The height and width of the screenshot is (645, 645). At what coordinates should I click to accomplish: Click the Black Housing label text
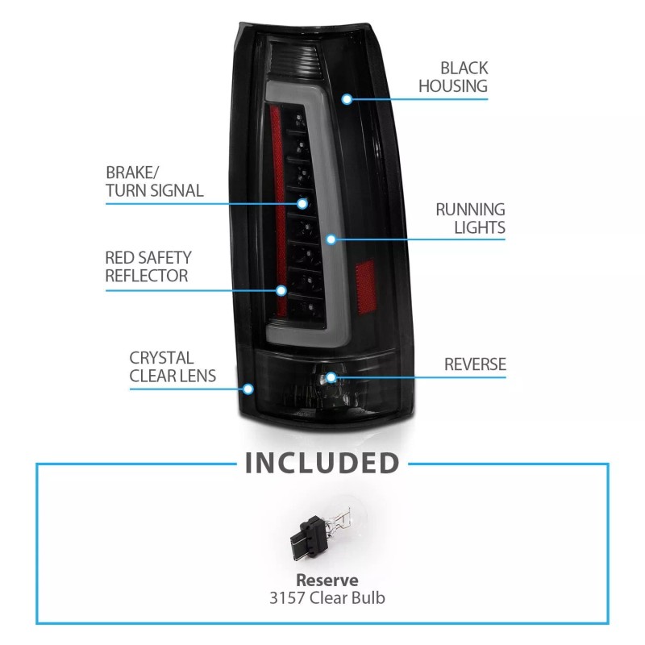(453, 77)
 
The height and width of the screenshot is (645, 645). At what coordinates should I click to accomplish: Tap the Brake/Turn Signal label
(154, 181)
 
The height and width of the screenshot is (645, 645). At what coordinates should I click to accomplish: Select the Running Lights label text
(470, 218)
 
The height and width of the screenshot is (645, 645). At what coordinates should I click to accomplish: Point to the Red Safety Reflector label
(148, 266)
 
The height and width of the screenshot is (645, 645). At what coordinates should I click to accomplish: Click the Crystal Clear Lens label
(173, 367)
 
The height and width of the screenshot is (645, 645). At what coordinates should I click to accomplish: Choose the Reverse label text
(475, 364)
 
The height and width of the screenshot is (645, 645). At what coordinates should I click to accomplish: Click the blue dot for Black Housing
(347, 99)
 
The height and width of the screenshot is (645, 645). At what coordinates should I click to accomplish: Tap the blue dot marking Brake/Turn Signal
(302, 204)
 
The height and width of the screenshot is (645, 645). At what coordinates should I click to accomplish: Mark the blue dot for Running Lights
(331, 239)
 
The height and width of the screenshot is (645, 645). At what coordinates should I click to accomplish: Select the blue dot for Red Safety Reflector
(281, 291)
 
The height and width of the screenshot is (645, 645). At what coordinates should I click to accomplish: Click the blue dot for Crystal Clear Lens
(248, 389)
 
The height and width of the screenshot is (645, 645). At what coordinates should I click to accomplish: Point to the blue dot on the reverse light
(331, 377)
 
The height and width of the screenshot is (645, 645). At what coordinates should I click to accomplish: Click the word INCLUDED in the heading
(322, 463)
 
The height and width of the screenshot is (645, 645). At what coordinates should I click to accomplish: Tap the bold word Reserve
(327, 580)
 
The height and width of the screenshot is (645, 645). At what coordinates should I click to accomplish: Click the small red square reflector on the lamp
(366, 286)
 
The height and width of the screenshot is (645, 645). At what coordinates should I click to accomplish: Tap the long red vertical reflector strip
(278, 210)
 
